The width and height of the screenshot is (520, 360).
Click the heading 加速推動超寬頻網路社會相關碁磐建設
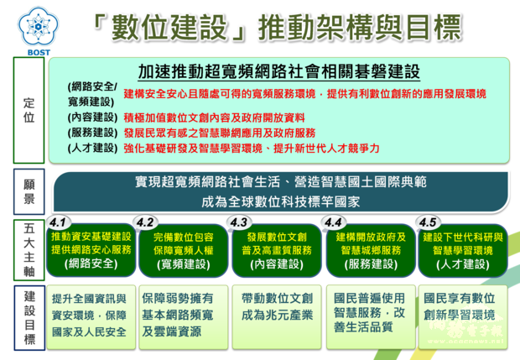[x=278, y=71]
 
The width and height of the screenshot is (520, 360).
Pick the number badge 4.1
[x=59, y=222]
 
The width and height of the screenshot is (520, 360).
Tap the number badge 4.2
[x=146, y=222]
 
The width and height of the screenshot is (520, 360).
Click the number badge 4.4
[x=334, y=222]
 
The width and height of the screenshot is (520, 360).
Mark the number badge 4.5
[x=428, y=222]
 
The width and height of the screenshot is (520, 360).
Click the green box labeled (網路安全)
[x=91, y=250]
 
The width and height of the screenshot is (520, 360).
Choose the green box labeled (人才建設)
[x=462, y=250]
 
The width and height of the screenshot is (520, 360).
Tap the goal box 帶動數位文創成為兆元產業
[x=277, y=308]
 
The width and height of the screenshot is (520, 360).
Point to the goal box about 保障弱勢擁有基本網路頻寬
[x=183, y=315]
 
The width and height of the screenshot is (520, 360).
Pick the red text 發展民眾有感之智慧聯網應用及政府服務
[x=219, y=133]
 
